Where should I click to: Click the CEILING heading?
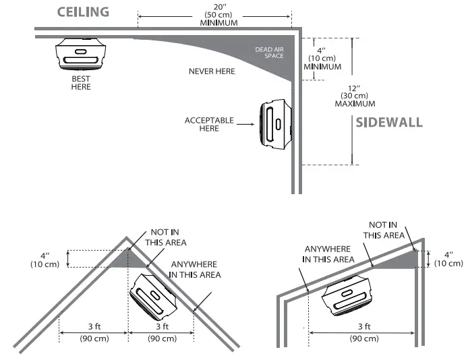point(84,13)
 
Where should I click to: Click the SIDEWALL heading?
point(389,123)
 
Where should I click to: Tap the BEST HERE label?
point(81,82)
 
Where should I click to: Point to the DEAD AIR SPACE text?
point(269,53)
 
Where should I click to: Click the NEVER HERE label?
point(212,71)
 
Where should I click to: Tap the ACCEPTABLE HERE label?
point(209,124)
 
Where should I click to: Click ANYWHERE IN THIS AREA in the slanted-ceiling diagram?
point(329,253)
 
